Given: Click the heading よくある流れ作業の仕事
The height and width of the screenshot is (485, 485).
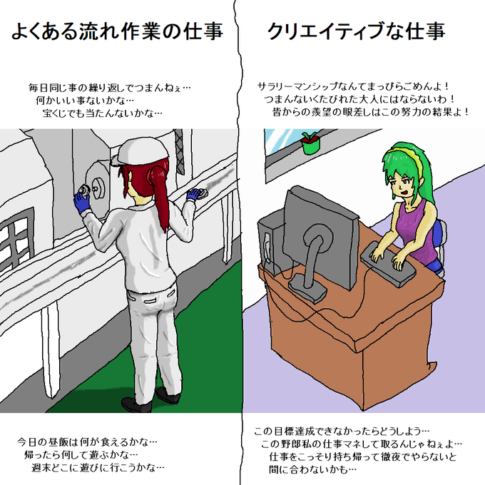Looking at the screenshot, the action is [116, 31].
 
